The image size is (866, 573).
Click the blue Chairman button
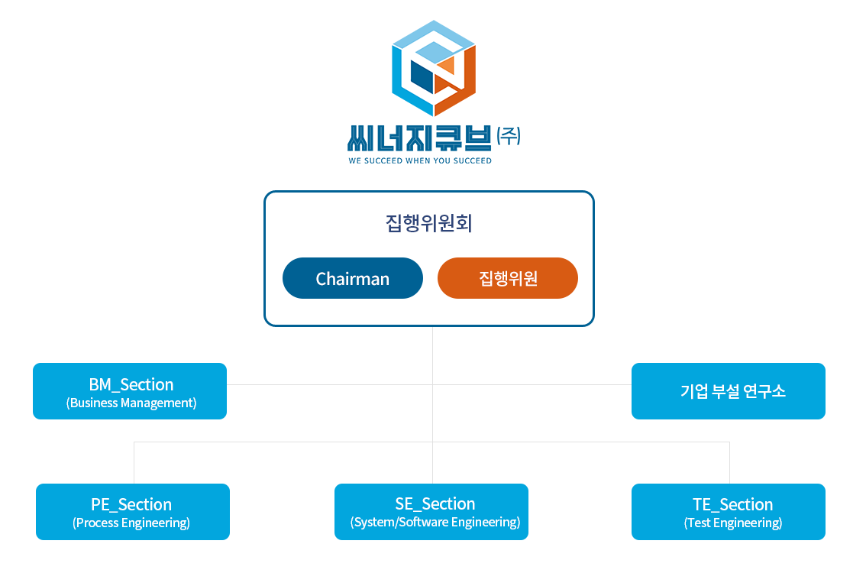pyautogui.click(x=352, y=278)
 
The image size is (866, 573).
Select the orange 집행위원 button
pyautogui.click(x=508, y=278)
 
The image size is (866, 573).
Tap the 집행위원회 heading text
pyautogui.click(x=428, y=223)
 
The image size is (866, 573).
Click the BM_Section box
pyautogui.click(x=130, y=391)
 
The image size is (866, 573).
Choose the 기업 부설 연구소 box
pyautogui.click(x=729, y=391)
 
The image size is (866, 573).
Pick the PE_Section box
pyautogui.click(x=133, y=512)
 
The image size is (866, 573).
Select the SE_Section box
pyautogui.click(x=431, y=512)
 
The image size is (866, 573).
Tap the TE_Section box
pyautogui.click(x=729, y=512)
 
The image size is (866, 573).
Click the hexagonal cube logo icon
pyautogui.click(x=434, y=68)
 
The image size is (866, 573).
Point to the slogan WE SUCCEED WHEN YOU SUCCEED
pyautogui.click(x=420, y=160)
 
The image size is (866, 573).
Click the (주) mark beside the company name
pyautogui.click(x=508, y=135)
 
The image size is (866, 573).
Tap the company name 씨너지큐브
pyautogui.click(x=419, y=138)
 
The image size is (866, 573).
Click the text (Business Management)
pyautogui.click(x=131, y=403)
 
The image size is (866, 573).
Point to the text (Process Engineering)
pyautogui.click(x=131, y=523)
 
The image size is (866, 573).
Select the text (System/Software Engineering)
pyautogui.click(x=435, y=522)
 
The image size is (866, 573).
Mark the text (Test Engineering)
pyautogui.click(x=733, y=523)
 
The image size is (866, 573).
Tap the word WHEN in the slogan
pyautogui.click(x=418, y=160)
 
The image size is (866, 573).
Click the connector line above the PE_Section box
pyautogui.click(x=134, y=463)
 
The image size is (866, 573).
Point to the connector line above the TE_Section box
pyautogui.click(x=729, y=463)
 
